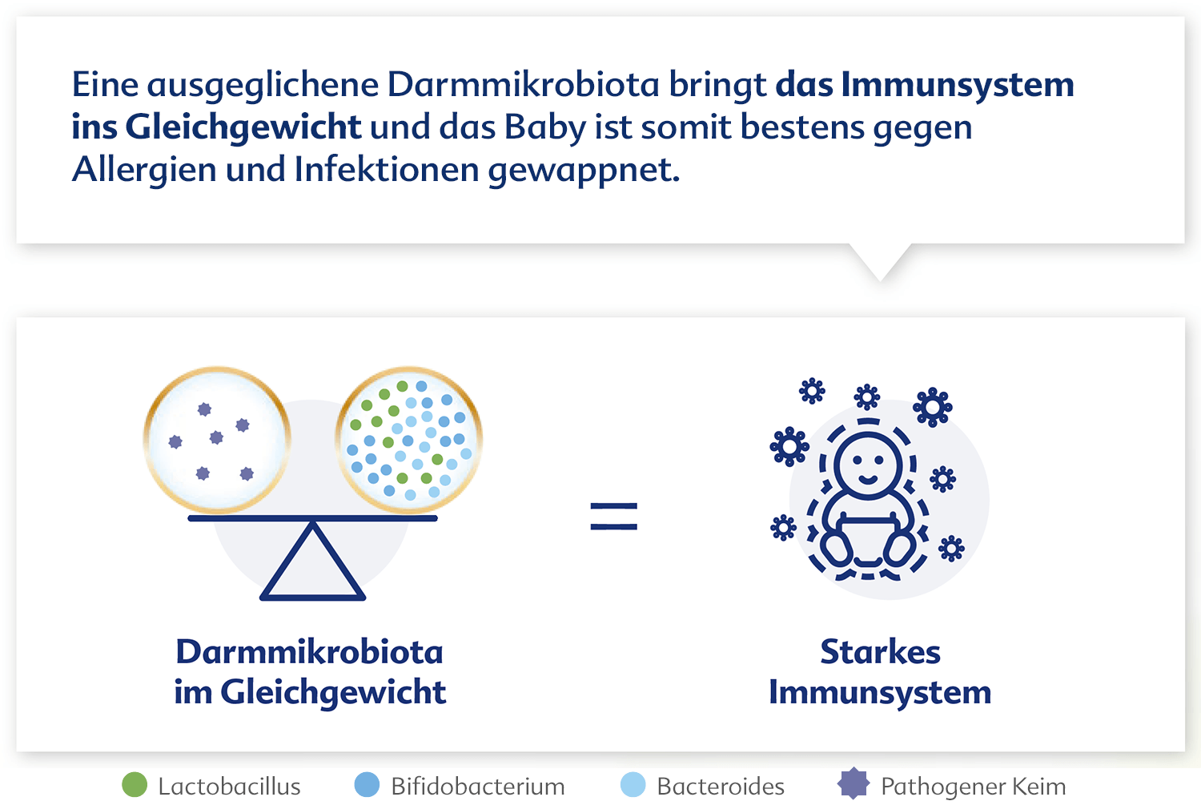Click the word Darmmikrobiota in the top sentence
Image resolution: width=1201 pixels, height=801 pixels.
[x=523, y=85]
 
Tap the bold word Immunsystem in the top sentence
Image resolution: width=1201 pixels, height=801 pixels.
[x=958, y=85]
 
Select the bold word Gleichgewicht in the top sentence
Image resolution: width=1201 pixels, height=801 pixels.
[x=243, y=127]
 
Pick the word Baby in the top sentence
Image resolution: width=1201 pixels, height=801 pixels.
[x=544, y=127]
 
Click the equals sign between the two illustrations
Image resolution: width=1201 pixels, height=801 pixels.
[x=614, y=516]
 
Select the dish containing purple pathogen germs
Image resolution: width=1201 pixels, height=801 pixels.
[x=217, y=440]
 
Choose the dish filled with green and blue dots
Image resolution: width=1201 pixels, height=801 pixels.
[x=408, y=440]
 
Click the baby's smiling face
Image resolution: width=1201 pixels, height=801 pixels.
[x=868, y=462]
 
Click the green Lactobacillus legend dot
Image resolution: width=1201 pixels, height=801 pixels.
[x=135, y=785]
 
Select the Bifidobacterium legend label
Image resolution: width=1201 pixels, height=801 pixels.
[x=478, y=787]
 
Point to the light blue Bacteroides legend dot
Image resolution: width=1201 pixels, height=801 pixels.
[x=633, y=785]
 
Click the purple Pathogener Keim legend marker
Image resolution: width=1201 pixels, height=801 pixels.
[x=853, y=784]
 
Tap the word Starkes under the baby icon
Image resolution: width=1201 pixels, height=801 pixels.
[x=881, y=652]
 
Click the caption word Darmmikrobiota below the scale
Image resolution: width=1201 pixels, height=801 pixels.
[x=310, y=652]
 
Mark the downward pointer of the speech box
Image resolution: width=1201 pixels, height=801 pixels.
[x=880, y=263]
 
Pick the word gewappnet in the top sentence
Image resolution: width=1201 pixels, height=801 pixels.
[x=584, y=171]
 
